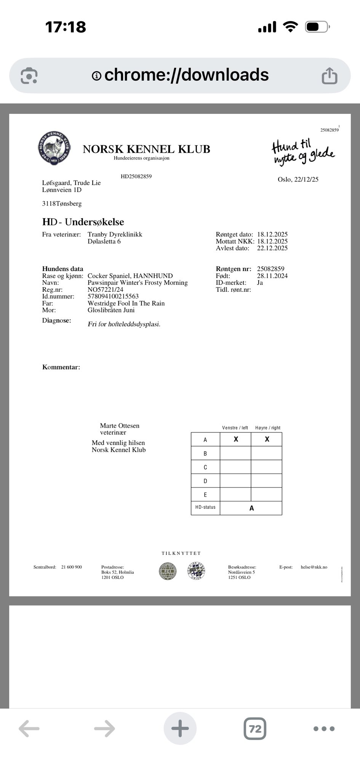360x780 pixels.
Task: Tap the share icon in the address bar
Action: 329,75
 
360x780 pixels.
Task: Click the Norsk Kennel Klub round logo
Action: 54,147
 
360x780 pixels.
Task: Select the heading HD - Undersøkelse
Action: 83,222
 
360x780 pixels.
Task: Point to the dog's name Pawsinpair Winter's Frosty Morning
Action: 138,283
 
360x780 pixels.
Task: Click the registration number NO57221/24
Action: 106,289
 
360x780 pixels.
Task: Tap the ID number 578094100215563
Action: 113,296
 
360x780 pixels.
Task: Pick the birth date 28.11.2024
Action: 272,276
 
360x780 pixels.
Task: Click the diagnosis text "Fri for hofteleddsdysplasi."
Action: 124,324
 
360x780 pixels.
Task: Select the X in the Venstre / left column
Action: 236,439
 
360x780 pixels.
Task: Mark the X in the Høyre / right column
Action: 267,439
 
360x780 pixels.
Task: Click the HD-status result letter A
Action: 251,508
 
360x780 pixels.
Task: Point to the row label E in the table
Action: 205,495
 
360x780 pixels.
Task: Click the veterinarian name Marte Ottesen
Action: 120,426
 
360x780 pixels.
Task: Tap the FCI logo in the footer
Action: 168,571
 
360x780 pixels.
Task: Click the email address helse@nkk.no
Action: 314,567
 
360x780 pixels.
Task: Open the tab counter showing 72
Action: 255,729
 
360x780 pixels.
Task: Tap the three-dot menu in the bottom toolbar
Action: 324,729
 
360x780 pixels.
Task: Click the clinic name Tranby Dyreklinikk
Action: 115,234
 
